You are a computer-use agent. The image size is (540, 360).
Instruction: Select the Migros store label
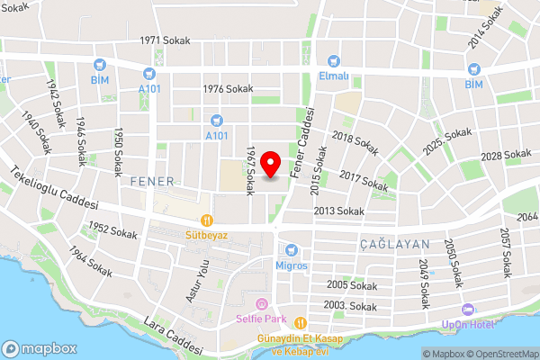[292, 265]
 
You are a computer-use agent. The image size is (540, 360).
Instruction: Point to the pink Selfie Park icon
[261, 304]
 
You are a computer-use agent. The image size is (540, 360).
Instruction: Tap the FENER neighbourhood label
[151, 181]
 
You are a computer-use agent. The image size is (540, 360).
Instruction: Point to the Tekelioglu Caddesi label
[54, 187]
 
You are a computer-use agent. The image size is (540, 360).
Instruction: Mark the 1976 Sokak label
[229, 88]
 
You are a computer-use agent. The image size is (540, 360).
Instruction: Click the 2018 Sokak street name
[355, 141]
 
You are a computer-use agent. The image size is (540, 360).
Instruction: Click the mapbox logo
[38, 348]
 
